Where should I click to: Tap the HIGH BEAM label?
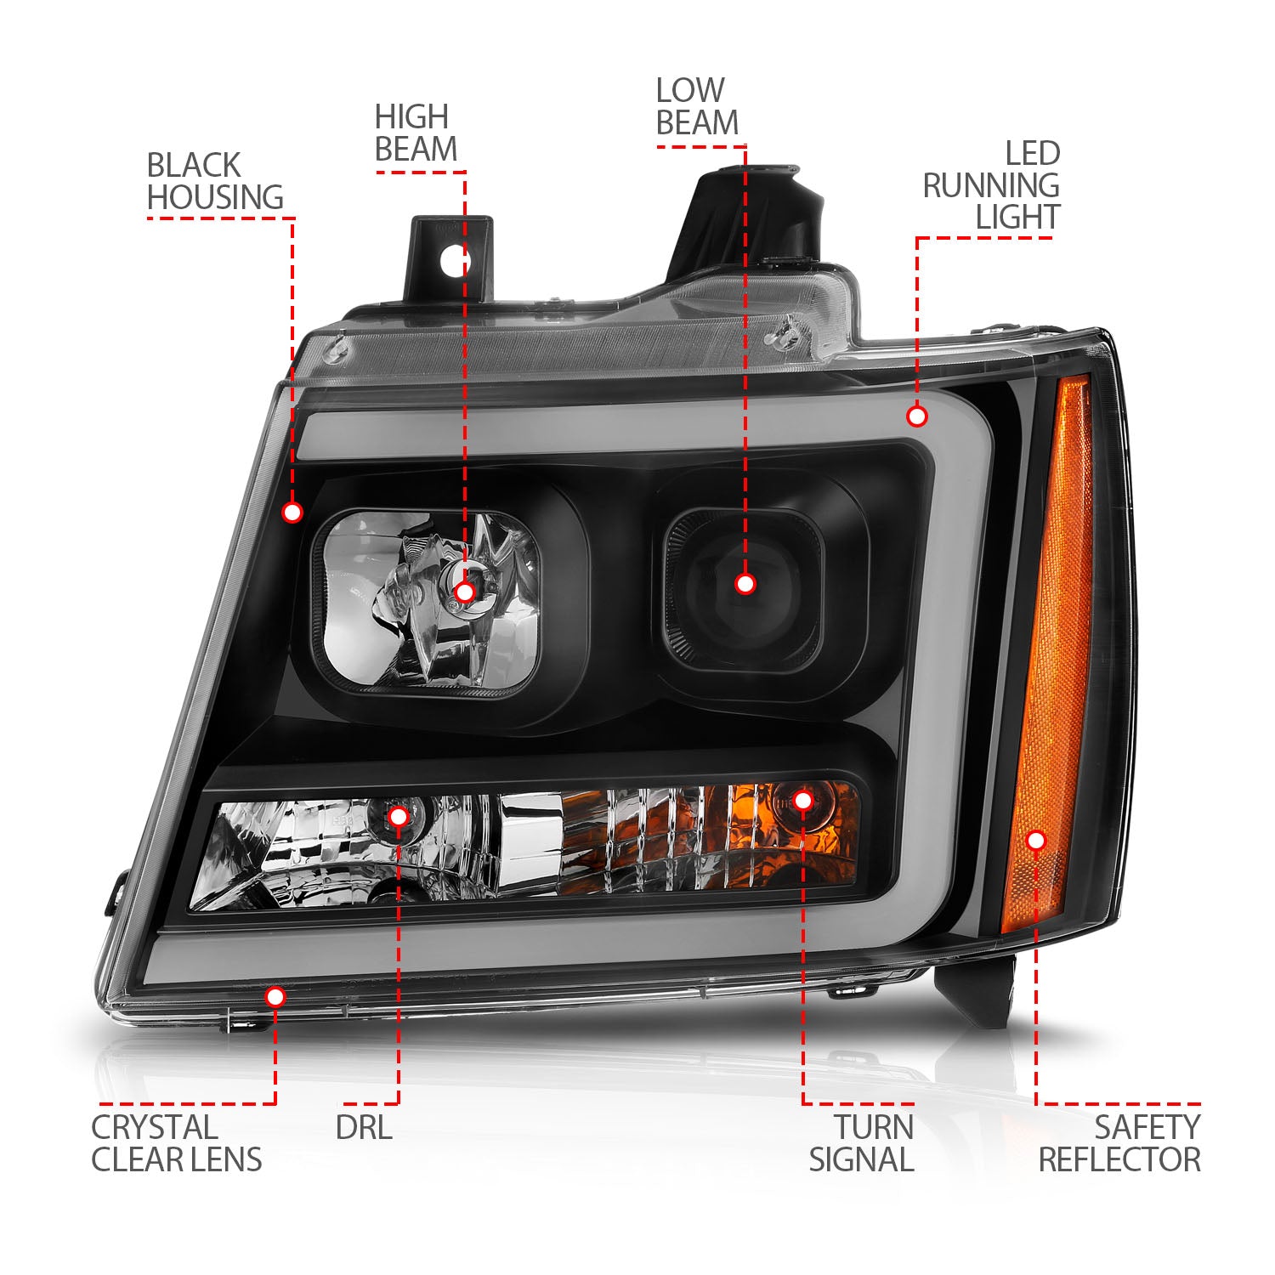pos(416,133)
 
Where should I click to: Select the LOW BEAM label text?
pos(697,106)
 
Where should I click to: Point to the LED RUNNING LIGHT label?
pos(991,185)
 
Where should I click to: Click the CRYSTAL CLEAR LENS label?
pos(177,1143)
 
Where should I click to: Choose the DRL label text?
pos(364,1128)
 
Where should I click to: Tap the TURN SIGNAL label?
pos(861,1143)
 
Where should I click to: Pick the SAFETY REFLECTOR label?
pos(1119,1143)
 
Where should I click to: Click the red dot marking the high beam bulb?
pos(465,592)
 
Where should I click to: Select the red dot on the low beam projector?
pos(745,583)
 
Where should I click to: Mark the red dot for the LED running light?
pos(916,416)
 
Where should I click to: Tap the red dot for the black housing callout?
pos(292,512)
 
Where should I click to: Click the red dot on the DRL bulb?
pos(398,817)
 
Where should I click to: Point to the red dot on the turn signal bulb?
pos(802,800)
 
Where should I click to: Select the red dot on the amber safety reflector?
pos(1035,841)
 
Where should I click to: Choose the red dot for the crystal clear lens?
pos(275,996)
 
